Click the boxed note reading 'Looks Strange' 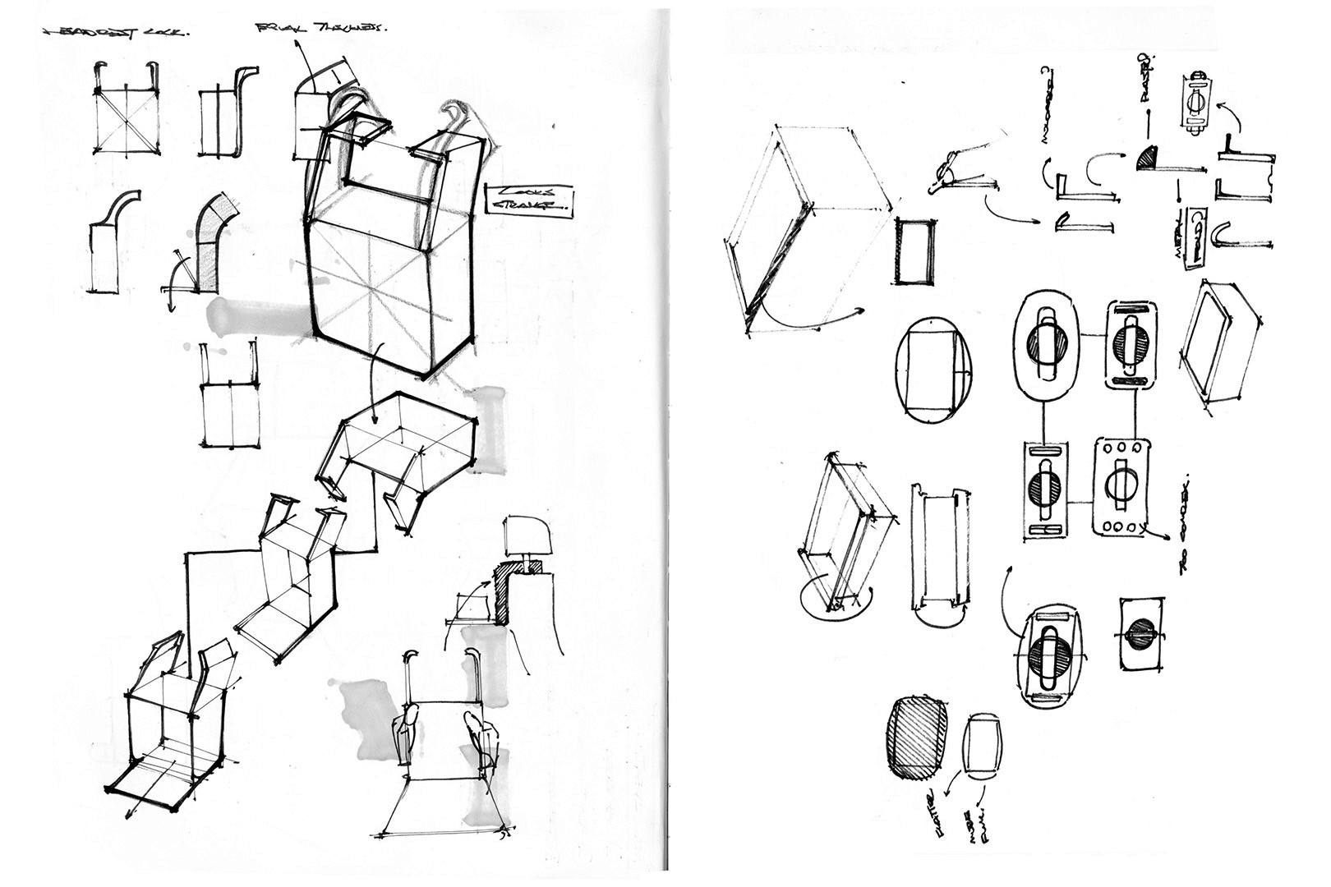530,200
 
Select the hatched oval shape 917,738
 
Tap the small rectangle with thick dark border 914,251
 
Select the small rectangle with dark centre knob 1142,633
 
